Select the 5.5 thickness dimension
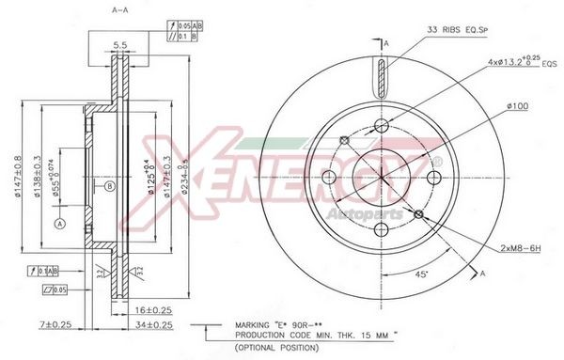[119, 45]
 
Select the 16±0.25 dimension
[153, 308]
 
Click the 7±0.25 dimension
[56, 325]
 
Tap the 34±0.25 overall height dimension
[153, 325]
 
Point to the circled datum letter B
[110, 186]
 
